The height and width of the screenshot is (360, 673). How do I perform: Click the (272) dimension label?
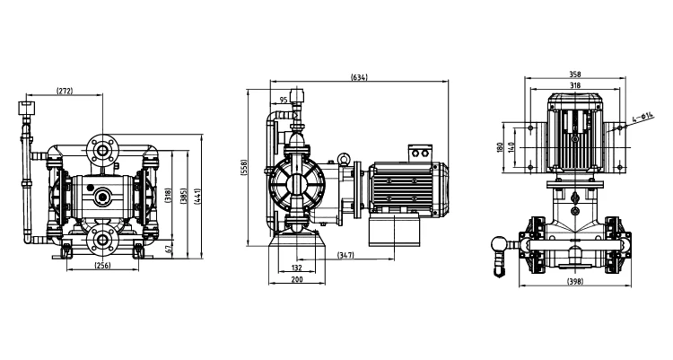coord(65,91)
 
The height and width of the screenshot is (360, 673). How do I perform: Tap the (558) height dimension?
coord(243,167)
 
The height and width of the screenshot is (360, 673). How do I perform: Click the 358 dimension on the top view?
coord(574,75)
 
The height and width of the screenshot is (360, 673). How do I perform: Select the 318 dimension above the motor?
coord(574,86)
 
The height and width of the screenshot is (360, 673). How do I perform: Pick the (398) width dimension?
coord(574,282)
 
